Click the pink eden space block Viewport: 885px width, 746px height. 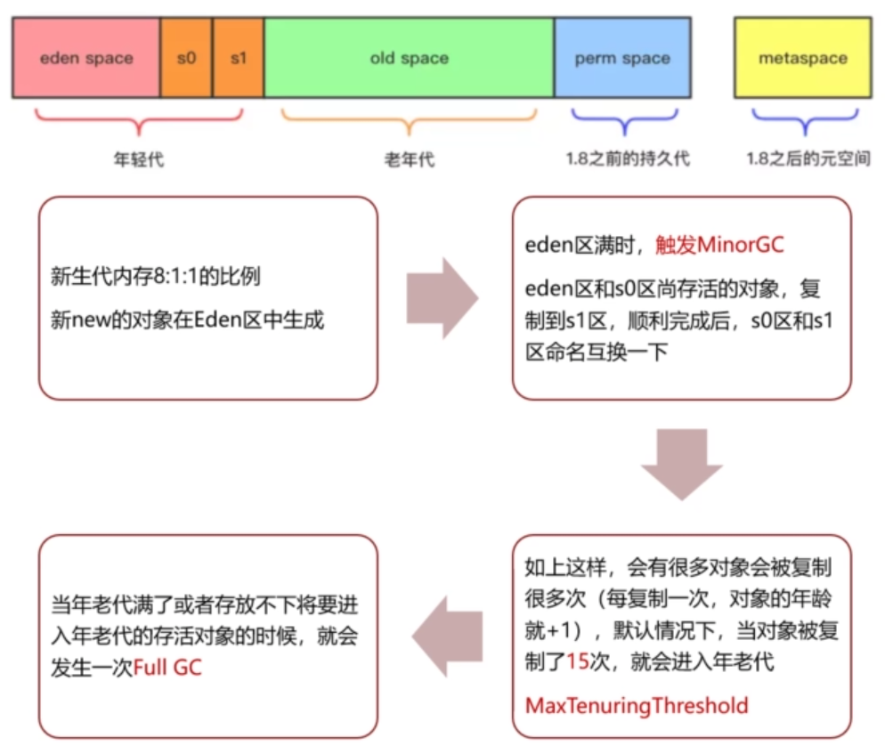[86, 59]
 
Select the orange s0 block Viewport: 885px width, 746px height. [187, 59]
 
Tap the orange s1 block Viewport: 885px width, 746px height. [239, 59]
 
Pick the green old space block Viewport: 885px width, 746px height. [409, 59]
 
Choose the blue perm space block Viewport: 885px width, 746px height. [621, 59]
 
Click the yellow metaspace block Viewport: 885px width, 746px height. [802, 59]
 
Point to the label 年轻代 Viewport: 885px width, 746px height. [139, 160]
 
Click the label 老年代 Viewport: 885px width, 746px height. [409, 160]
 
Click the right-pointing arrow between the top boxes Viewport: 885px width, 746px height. [442, 298]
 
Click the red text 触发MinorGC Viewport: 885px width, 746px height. [718, 244]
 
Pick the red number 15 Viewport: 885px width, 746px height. [579, 661]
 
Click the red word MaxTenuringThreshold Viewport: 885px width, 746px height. [637, 706]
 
